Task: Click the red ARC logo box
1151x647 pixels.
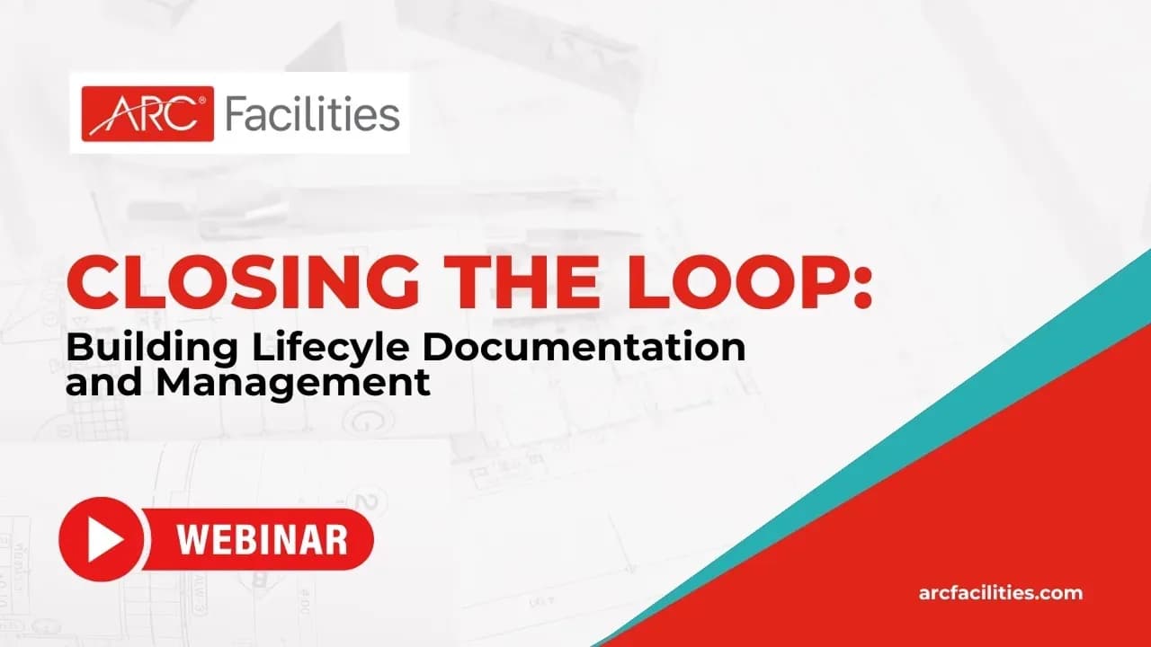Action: pyautogui.click(x=147, y=113)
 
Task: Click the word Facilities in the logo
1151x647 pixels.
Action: pyautogui.click(x=311, y=114)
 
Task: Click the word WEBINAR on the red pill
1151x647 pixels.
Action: pyautogui.click(x=262, y=539)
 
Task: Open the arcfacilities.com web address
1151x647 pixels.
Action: pyautogui.click(x=1000, y=593)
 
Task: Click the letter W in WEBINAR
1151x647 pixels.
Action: pyautogui.click(x=192, y=539)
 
